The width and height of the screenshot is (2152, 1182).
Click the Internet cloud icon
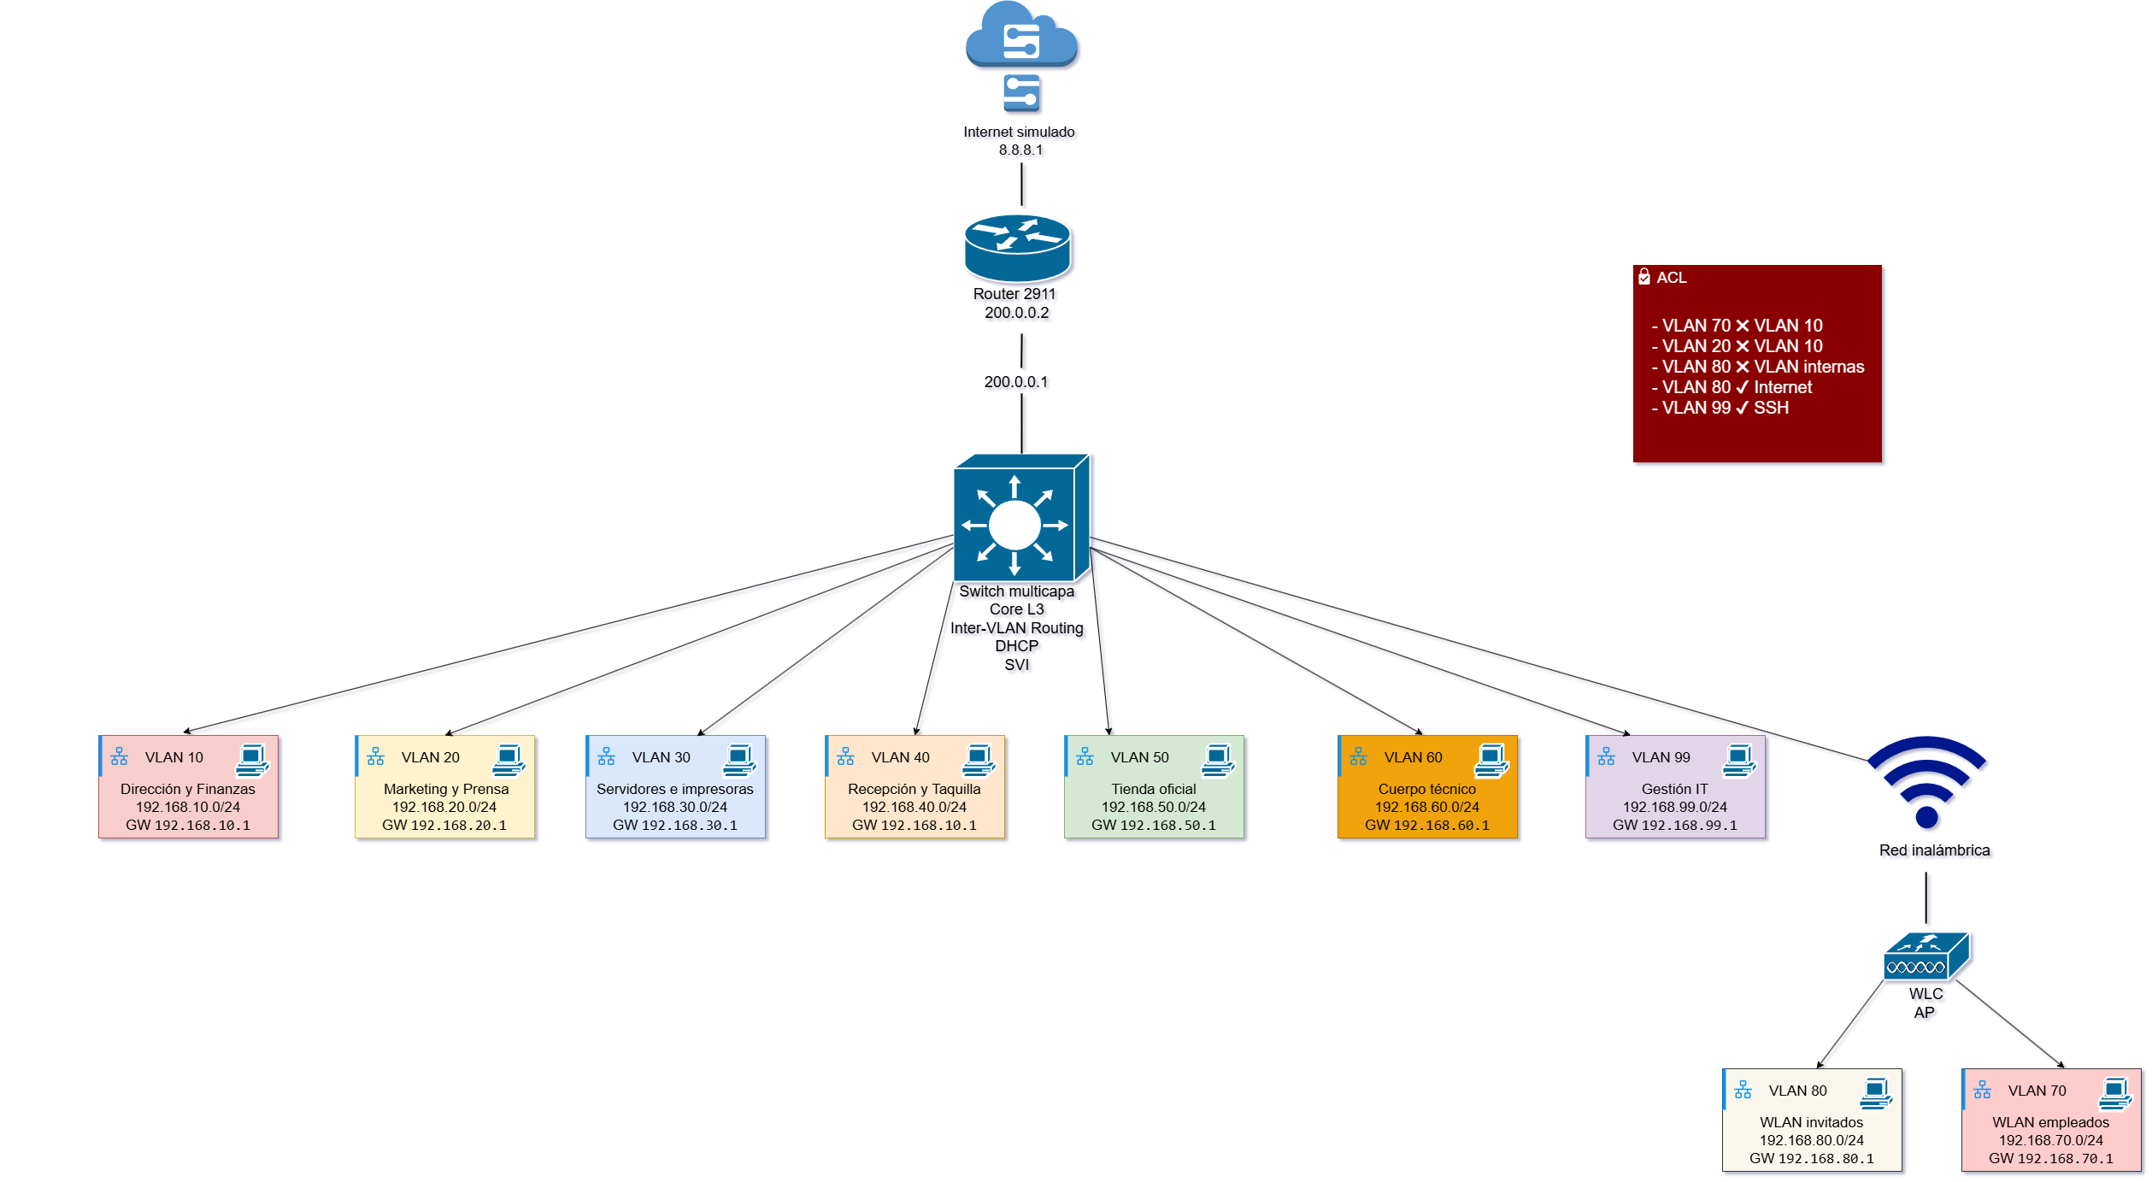[1021, 36]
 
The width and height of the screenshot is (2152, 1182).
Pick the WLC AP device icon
[1926, 956]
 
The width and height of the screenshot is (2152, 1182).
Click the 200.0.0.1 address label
[1015, 382]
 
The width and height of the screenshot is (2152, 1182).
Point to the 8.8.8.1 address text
[1020, 150]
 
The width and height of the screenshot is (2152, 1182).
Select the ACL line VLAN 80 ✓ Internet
[1736, 387]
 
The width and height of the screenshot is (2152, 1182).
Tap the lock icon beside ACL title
[1643, 277]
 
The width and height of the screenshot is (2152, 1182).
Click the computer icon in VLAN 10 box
[252, 760]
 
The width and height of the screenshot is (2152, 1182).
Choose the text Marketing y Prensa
[445, 789]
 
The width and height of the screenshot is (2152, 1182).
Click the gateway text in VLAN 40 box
[914, 826]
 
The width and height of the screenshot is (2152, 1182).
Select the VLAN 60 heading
[1413, 757]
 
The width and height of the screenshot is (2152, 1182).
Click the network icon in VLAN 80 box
[1743, 1091]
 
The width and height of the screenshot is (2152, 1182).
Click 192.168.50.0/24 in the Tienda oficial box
[1153, 807]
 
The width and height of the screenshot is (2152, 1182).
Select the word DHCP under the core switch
[1016, 646]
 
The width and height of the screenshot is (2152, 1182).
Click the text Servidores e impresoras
[674, 789]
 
